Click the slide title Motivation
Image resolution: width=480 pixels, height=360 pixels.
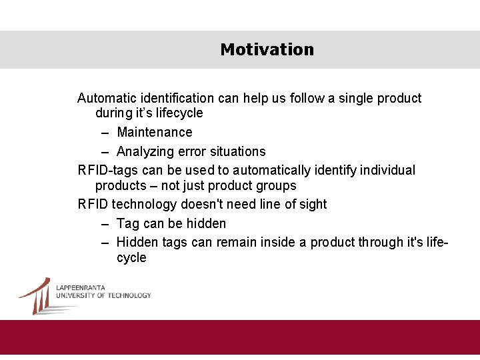[267, 50]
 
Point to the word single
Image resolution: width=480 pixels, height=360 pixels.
[350, 99]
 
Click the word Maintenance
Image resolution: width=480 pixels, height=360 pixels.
[155, 133]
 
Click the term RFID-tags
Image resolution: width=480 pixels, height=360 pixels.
[107, 171]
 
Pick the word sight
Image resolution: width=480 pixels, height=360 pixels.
[312, 205]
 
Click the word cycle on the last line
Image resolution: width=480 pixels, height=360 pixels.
[131, 258]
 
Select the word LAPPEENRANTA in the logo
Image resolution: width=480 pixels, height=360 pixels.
[80, 287]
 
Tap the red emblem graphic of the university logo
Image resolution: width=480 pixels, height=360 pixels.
[37, 295]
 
